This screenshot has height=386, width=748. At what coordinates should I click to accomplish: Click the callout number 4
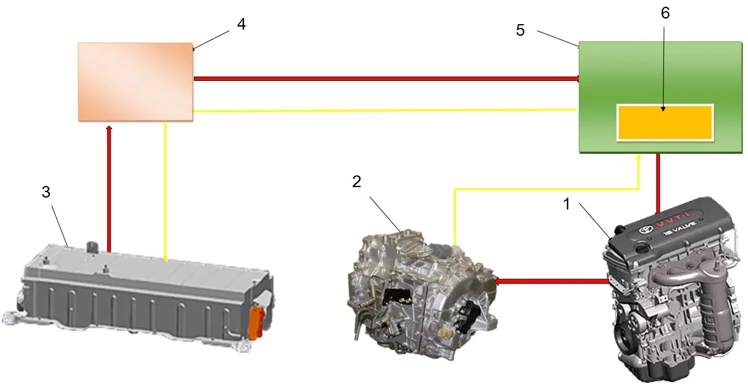click(x=242, y=24)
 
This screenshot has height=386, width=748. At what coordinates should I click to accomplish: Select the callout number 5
click(x=520, y=30)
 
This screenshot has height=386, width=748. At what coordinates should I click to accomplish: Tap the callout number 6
click(x=665, y=13)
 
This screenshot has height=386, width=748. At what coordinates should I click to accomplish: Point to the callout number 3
click(x=46, y=192)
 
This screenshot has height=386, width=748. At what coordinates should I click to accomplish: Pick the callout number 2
click(x=356, y=182)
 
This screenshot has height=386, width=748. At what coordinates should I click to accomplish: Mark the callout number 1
click(x=566, y=204)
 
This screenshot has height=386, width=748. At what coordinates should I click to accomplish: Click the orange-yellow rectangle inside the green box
click(x=665, y=122)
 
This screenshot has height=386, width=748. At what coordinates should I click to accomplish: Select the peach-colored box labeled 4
click(x=135, y=82)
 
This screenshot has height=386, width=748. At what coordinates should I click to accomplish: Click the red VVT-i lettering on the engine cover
click(x=671, y=219)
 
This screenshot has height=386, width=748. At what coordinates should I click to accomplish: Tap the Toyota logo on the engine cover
click(x=645, y=229)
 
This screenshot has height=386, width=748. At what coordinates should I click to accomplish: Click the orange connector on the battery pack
click(x=256, y=322)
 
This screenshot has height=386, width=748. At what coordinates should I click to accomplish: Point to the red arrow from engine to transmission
click(x=552, y=282)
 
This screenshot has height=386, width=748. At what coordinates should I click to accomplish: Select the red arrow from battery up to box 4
click(x=109, y=188)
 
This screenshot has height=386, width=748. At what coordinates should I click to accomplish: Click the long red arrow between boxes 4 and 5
click(x=387, y=79)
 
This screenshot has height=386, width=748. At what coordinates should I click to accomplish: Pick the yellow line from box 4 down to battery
click(x=166, y=191)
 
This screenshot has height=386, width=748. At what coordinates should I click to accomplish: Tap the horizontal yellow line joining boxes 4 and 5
click(x=385, y=110)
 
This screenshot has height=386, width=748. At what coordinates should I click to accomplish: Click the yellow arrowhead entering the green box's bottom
click(x=639, y=158)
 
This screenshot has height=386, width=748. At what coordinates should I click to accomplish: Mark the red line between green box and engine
click(x=658, y=183)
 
